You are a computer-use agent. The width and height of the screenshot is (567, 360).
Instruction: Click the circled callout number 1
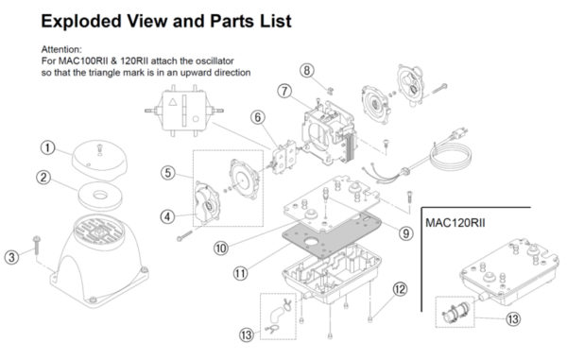(47, 147)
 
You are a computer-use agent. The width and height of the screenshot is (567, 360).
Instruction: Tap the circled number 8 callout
(306, 70)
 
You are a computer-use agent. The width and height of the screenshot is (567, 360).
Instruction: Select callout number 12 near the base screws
(400, 289)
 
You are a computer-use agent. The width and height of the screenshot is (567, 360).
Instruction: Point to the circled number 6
(258, 117)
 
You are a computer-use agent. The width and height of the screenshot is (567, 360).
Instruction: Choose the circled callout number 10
(221, 249)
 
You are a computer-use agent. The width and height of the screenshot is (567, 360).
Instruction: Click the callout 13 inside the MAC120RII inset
(513, 318)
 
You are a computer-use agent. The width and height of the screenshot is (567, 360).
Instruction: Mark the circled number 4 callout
(167, 217)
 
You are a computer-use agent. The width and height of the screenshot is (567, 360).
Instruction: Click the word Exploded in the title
(81, 21)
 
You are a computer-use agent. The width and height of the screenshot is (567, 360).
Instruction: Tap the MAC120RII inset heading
(455, 222)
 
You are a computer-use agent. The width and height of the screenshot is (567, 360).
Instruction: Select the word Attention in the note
(61, 49)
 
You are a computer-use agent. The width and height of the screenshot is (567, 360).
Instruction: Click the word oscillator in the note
(213, 60)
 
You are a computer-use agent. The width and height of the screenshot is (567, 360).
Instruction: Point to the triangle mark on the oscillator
(173, 101)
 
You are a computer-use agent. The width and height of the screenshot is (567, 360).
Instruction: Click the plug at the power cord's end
(458, 134)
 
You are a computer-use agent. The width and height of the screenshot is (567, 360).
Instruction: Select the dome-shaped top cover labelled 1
(99, 160)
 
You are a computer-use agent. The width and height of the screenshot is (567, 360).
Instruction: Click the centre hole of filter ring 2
(100, 196)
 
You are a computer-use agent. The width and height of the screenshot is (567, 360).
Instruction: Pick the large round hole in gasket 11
(311, 242)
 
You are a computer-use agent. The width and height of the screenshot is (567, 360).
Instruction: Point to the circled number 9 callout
(406, 233)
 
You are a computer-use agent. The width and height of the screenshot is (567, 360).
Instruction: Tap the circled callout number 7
(284, 91)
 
